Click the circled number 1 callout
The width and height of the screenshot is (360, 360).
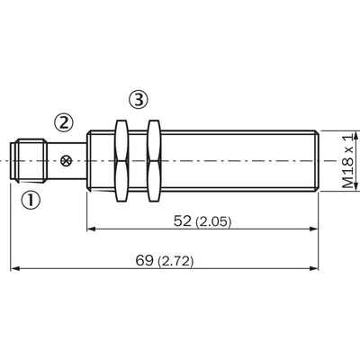click(x=31, y=201)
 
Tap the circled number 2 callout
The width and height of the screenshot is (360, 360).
click(x=63, y=122)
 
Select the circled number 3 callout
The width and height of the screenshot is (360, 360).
click(x=139, y=100)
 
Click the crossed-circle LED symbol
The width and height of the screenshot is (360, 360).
click(x=66, y=161)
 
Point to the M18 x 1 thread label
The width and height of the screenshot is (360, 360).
click(x=348, y=161)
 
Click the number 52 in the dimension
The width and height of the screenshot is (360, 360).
click(x=183, y=221)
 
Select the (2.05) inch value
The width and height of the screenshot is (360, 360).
click(x=213, y=222)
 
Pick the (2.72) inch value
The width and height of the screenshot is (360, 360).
click(x=175, y=261)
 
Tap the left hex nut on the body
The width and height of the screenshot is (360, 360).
click(x=121, y=161)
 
